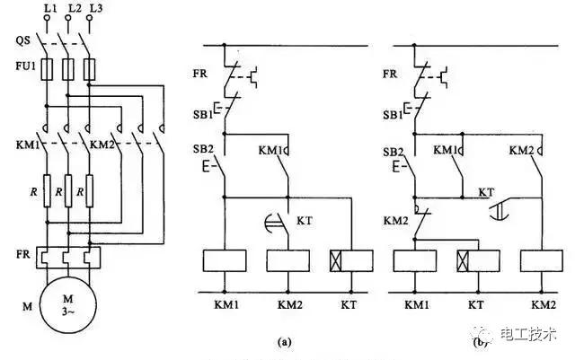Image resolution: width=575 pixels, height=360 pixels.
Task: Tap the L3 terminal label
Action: click(87, 8)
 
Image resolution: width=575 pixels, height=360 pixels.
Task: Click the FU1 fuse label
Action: click(23, 66)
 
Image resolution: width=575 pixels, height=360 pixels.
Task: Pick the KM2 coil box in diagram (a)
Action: click(288, 260)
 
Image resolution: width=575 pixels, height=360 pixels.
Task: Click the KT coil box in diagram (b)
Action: click(477, 260)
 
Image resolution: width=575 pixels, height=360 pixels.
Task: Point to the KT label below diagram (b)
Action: click(477, 305)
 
